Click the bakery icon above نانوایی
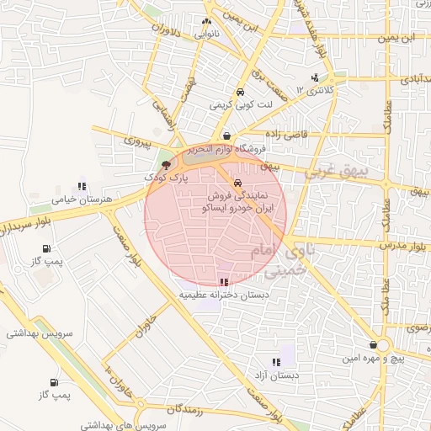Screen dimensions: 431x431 [x=206, y=22]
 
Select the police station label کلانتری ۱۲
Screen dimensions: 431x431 [x=317, y=88]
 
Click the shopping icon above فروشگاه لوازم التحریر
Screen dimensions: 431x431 [x=226, y=136]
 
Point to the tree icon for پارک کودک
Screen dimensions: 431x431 [x=165, y=165]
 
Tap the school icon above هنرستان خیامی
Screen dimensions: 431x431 [x=82, y=186]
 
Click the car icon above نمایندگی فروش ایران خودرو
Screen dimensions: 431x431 [x=238, y=182]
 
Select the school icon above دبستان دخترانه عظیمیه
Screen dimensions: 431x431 [x=223, y=283]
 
